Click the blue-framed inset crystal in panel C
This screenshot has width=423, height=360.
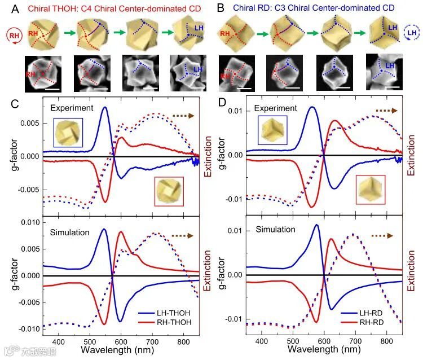pyautogui.click(x=68, y=131)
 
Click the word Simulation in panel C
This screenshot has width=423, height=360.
pyautogui.click(x=69, y=232)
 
